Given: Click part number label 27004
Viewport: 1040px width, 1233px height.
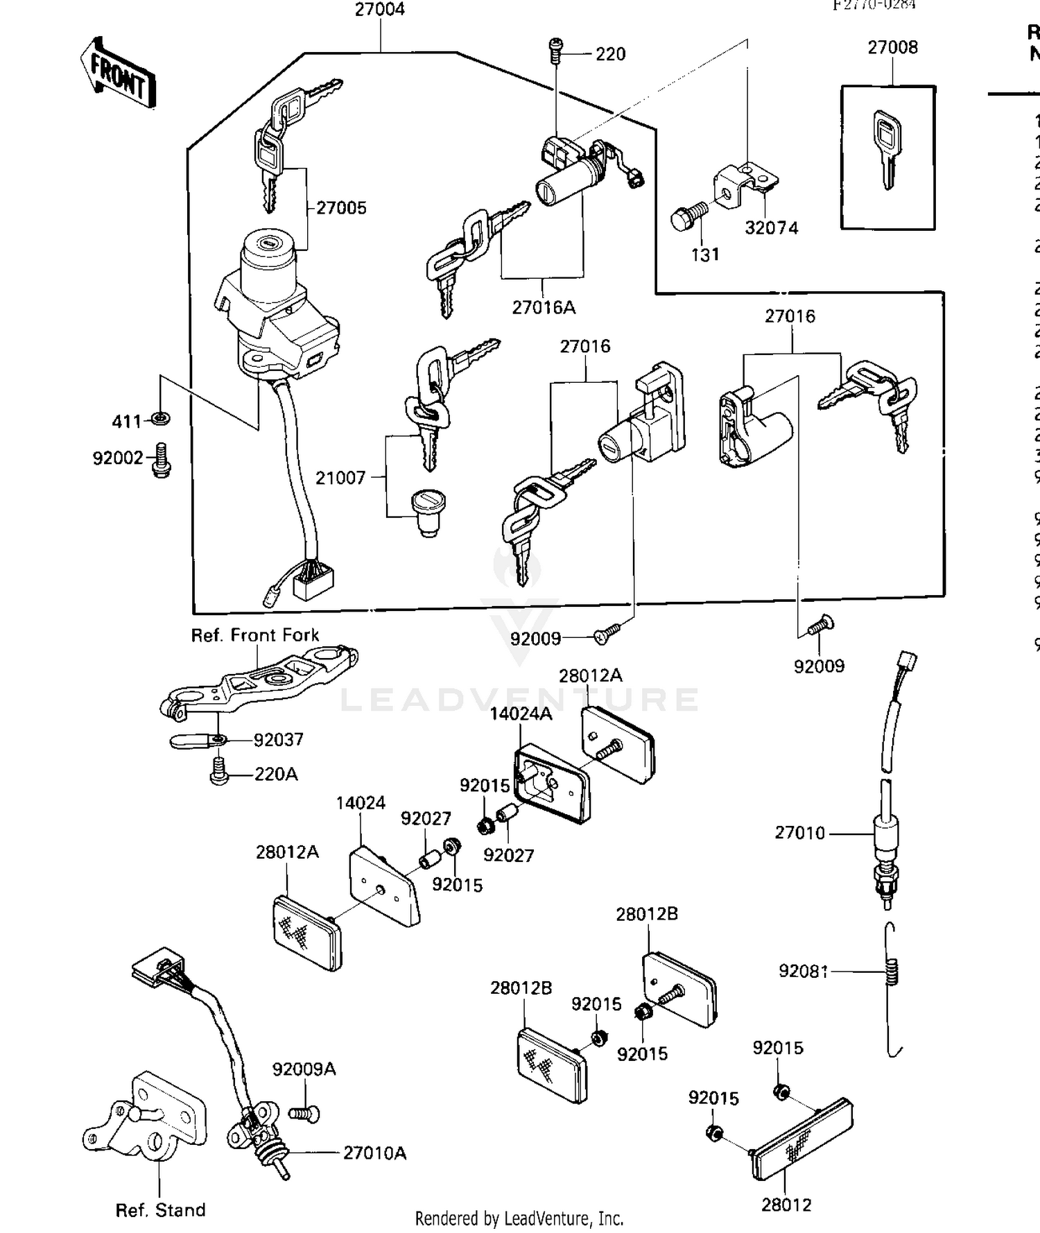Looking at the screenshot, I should (x=379, y=10).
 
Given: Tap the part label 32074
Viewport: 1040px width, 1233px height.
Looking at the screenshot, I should (x=771, y=227).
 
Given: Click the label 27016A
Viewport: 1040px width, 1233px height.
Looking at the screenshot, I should (x=544, y=307).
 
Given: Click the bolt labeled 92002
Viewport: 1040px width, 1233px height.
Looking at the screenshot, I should (x=162, y=461).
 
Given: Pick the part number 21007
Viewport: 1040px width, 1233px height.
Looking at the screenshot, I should (x=340, y=477).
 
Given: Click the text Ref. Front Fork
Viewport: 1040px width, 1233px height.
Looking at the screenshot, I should (x=254, y=635).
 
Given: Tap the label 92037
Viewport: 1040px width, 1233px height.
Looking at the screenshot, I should (x=278, y=740).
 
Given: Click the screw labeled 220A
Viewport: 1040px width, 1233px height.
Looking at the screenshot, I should (x=219, y=772).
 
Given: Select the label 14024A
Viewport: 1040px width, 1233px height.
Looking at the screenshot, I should (x=521, y=714).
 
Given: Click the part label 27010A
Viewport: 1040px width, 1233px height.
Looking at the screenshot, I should (x=374, y=1153).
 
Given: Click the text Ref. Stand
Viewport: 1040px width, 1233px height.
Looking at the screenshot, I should (x=160, y=1210).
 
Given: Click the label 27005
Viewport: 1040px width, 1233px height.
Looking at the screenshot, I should (x=341, y=207).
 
